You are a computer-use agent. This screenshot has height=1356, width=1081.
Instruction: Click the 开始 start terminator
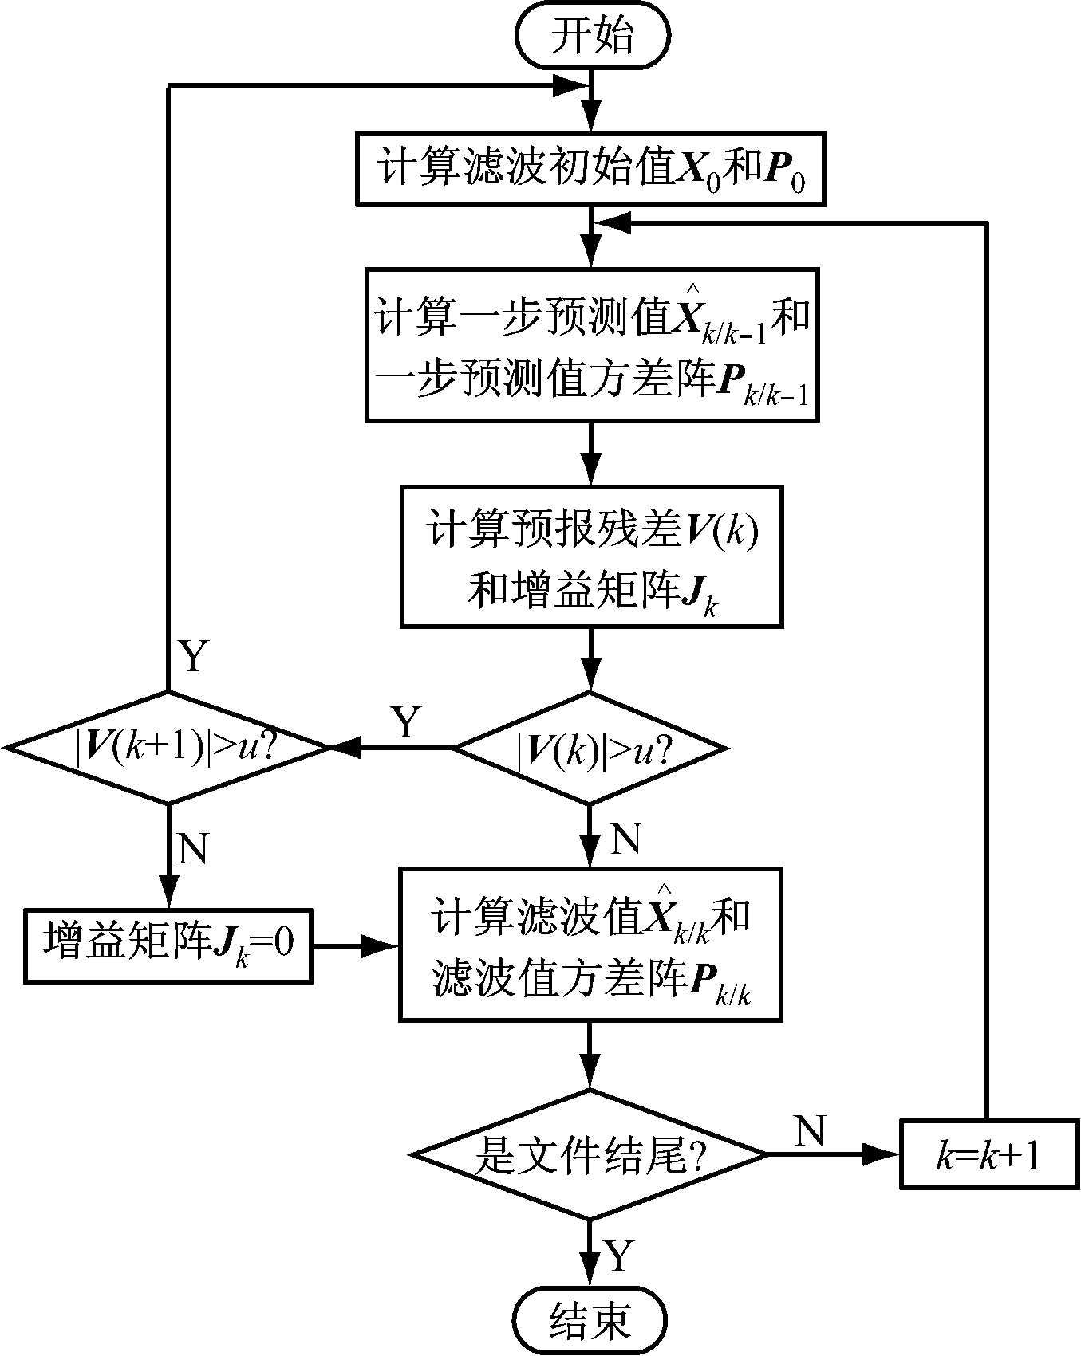pos(592,37)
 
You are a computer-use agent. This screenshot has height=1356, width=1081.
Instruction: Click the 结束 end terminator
pos(590,1320)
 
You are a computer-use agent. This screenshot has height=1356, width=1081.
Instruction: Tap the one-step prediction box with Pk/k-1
pos(590,344)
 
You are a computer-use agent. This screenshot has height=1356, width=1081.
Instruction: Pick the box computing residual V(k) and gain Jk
pos(590,556)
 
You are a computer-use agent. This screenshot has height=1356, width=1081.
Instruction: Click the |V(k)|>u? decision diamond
pos(590,748)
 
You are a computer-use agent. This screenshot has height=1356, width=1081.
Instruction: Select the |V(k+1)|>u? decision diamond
pos(168,748)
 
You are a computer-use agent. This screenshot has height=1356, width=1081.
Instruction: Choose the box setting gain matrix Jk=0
pos(168,945)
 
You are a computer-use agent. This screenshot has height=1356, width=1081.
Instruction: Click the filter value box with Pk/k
pos(590,944)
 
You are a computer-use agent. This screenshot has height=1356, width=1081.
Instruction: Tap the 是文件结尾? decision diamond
pos(589,1154)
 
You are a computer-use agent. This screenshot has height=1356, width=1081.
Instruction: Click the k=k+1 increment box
pos(988,1154)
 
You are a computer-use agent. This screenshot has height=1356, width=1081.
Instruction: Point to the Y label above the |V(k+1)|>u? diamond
pos(193,657)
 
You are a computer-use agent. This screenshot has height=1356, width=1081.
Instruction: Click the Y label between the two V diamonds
pos(406,722)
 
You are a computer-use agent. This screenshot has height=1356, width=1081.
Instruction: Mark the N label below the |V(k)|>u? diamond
pos(625,839)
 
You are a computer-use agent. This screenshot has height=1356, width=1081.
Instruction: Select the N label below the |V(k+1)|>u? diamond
pos(193,850)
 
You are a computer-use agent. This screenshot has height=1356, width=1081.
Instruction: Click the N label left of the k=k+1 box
pos(810,1130)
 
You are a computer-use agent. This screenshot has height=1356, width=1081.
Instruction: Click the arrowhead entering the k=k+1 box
pos(887,1154)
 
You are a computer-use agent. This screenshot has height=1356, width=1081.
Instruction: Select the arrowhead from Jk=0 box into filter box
pos(385,946)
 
